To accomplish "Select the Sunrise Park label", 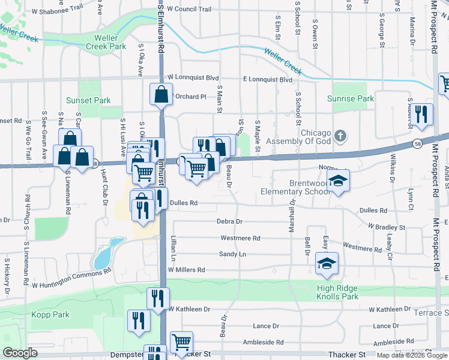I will (350, 98).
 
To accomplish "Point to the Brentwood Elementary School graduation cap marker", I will (339, 181).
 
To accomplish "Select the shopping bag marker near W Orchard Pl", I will (161, 95).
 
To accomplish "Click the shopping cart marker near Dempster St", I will (181, 343).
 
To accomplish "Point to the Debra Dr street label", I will (230, 221).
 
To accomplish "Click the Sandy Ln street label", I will (232, 254).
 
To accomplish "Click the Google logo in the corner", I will (20, 353).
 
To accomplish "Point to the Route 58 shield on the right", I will (417, 145).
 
